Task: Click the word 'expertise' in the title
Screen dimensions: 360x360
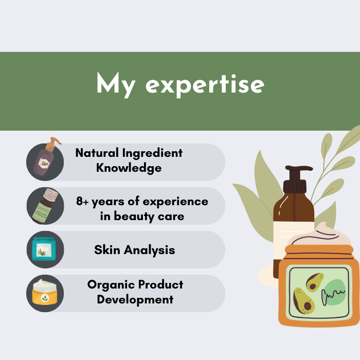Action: click(x=205, y=86)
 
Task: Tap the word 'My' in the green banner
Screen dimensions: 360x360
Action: click(x=116, y=84)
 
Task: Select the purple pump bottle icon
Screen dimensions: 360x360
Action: click(x=46, y=157)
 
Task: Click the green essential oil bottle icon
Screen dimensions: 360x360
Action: click(x=45, y=206)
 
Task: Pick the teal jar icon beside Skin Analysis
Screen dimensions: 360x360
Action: click(x=44, y=249)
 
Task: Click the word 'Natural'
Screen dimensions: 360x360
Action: click(x=97, y=153)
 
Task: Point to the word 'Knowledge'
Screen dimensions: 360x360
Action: click(x=129, y=168)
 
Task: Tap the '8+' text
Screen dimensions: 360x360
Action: click(x=82, y=201)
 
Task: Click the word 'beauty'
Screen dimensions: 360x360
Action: click(x=135, y=217)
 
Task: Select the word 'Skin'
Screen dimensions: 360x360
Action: click(x=107, y=249)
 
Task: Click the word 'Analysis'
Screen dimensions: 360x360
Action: click(x=150, y=250)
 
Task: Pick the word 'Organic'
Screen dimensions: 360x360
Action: click(x=111, y=285)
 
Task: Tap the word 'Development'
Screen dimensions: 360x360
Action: click(x=135, y=300)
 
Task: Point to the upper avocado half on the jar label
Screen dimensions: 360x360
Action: click(x=314, y=282)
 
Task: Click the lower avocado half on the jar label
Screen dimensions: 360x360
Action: click(x=303, y=301)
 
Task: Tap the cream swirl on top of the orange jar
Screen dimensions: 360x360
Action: click(x=319, y=236)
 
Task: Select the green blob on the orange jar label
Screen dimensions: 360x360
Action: click(x=335, y=292)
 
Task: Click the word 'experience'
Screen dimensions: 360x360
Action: click(x=175, y=202)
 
